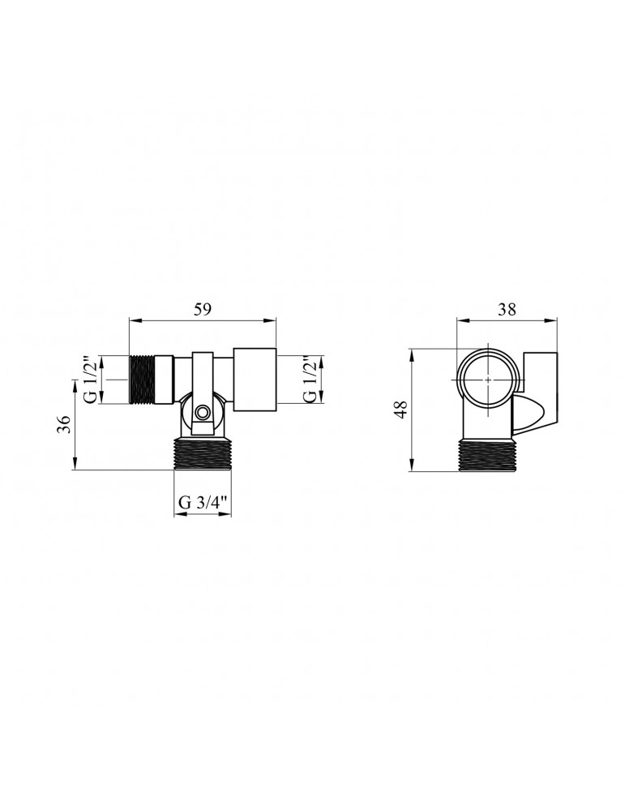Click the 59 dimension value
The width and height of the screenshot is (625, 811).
pos(203,309)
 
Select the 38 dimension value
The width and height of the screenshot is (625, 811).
pos(507,309)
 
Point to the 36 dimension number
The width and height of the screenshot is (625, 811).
pos(63,425)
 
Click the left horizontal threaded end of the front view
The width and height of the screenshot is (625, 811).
pos(142,379)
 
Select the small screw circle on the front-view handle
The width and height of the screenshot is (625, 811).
pos(202,412)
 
